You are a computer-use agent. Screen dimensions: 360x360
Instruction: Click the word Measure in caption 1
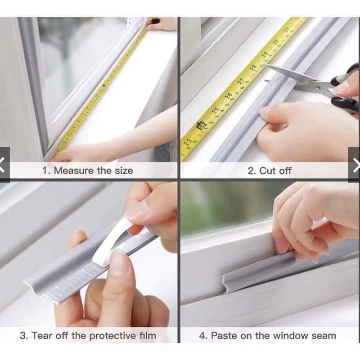point(74,171)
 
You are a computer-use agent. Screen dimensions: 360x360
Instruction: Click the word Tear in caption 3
point(44,335)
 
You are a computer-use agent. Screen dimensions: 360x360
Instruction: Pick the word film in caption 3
point(148,335)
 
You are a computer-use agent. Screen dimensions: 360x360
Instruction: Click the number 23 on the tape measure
point(188,142)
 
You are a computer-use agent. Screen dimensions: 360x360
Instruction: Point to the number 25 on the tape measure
point(215,110)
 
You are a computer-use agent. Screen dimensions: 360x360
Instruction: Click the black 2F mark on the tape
point(201,125)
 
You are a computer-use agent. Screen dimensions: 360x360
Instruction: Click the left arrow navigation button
point(4,164)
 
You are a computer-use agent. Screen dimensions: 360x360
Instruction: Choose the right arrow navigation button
point(354,164)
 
